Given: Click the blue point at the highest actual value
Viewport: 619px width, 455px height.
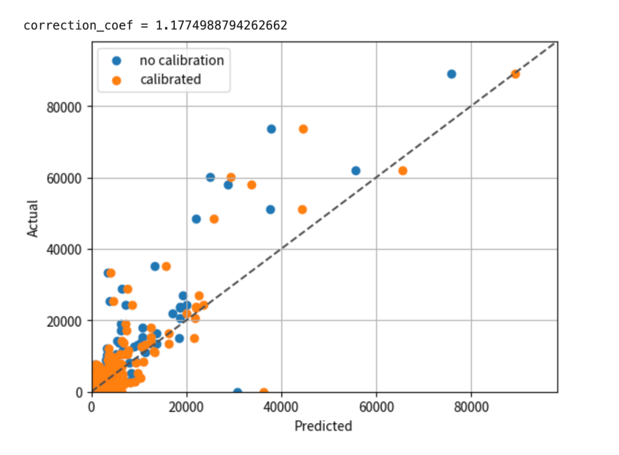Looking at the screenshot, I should tap(451, 74).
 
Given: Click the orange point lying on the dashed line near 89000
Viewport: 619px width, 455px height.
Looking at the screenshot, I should tap(515, 74).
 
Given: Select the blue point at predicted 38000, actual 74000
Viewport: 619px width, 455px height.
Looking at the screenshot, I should tap(271, 129).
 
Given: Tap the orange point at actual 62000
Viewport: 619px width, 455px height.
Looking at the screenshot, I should tap(403, 171).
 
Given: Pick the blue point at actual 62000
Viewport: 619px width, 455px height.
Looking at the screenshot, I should tap(356, 171).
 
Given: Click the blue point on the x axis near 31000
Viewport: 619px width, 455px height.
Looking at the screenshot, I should tap(238, 392).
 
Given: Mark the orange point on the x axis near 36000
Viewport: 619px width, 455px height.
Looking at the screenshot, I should tap(264, 392).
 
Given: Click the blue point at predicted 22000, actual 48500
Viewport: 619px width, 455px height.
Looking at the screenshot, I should tap(196, 219).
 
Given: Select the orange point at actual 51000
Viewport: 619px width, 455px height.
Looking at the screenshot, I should tap(302, 210).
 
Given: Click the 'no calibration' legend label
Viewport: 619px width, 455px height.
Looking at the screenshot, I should tap(182, 60).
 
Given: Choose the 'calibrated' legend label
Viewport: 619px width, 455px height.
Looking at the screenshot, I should tap(170, 79).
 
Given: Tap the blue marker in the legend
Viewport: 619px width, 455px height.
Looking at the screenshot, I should tap(116, 60).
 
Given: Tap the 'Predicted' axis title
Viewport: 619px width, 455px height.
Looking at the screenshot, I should tap(323, 426).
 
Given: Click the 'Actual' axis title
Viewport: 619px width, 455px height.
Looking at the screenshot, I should tap(33, 218).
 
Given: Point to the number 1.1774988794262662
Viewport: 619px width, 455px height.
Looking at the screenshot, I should tap(221, 25).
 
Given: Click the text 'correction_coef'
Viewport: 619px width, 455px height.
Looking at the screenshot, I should tap(78, 25).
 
